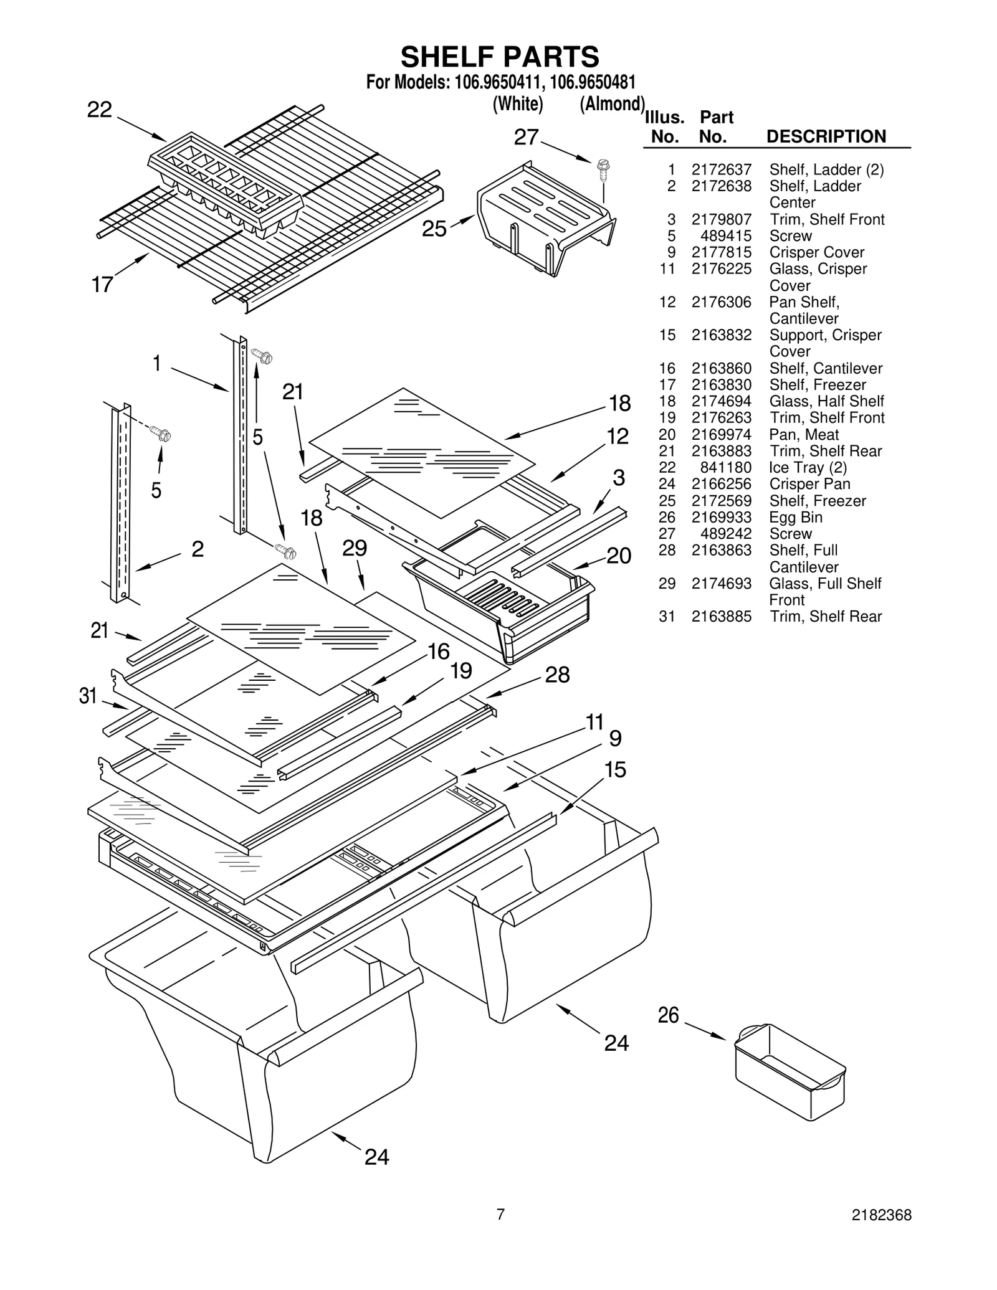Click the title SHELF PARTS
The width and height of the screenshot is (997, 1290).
coord(500,57)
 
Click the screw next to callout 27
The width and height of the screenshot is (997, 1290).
coord(603,167)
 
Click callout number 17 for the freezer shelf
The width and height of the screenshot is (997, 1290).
coord(102,285)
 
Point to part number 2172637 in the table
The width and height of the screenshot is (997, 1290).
coord(721,169)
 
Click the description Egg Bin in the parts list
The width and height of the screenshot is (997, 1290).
coord(795,517)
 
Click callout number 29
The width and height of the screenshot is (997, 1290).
coord(355,548)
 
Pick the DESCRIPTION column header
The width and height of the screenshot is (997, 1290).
coord(826,136)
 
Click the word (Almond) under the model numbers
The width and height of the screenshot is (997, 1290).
coord(611,103)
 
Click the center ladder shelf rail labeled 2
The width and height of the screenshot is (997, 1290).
coord(120,505)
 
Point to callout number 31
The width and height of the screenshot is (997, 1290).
coord(88,696)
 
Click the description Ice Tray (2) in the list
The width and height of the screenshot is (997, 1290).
coord(808,467)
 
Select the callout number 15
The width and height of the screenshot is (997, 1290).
coord(614,770)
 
